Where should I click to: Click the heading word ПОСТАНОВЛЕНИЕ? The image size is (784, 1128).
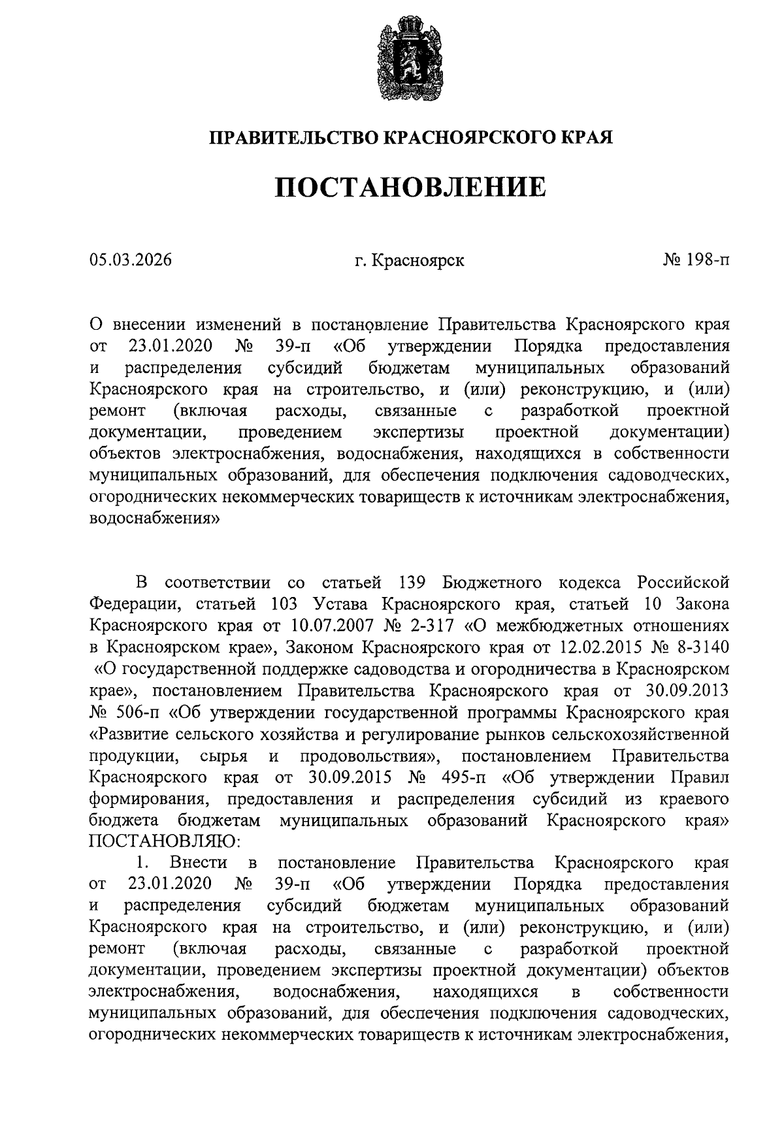410,187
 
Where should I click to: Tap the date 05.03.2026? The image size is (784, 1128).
130,261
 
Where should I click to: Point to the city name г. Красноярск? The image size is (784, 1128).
410,261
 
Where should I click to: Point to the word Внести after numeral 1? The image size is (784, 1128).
198,863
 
